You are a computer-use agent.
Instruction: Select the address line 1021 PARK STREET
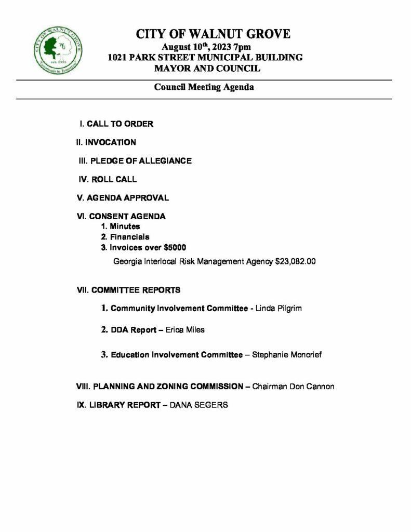click(x=205, y=57)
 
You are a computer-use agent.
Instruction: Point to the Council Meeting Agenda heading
click(x=204, y=87)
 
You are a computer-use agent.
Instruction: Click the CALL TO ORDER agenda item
click(x=116, y=124)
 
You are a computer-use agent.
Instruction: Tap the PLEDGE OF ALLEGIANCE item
click(x=135, y=161)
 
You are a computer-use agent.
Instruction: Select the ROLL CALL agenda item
click(x=108, y=180)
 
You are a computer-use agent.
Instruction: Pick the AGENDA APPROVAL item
click(x=123, y=198)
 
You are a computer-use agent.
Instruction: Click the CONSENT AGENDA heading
click(x=121, y=217)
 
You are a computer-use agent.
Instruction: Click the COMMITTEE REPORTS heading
click(x=129, y=290)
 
